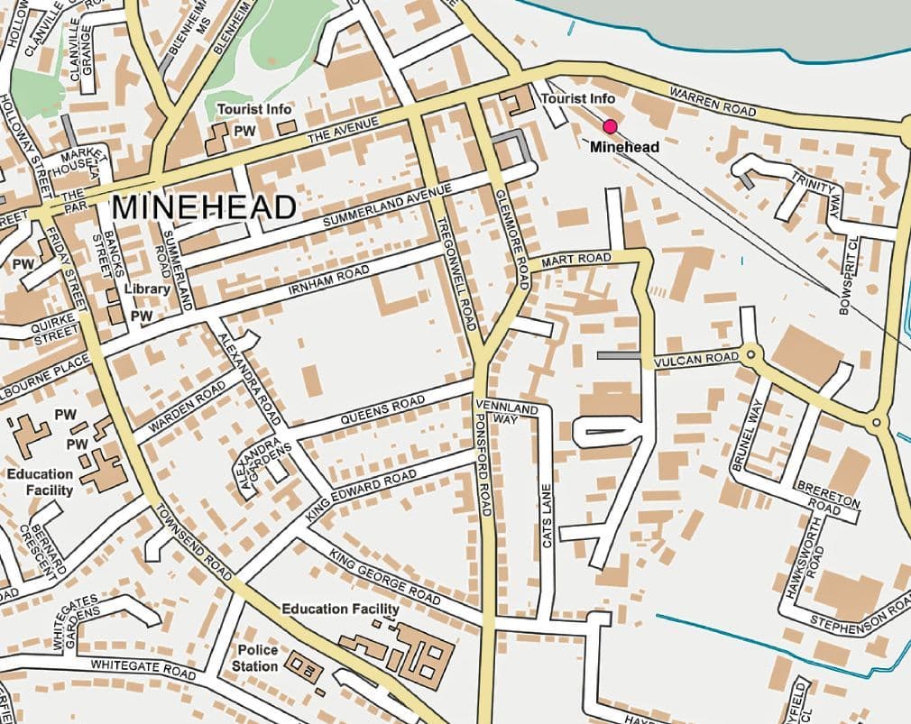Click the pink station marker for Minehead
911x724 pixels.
[611, 126]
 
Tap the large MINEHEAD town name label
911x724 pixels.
[204, 207]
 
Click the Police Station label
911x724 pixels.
[258, 657]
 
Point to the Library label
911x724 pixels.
[147, 289]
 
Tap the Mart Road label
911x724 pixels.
[576, 261]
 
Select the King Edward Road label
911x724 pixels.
[361, 495]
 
